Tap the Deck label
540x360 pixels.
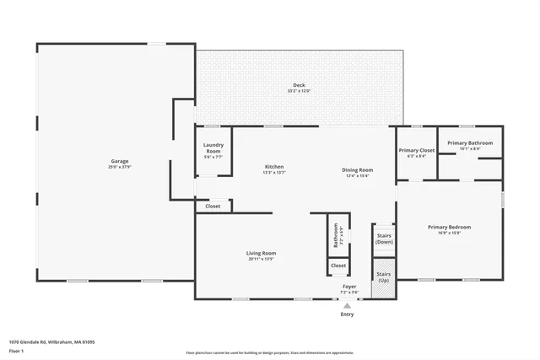pyautogui.click(x=299, y=85)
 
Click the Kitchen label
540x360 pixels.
pyautogui.click(x=274, y=167)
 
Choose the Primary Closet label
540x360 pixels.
pyautogui.click(x=416, y=151)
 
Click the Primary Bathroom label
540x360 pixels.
pyautogui.click(x=470, y=143)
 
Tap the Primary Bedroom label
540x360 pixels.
pyautogui.click(x=449, y=227)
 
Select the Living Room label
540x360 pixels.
pyautogui.click(x=261, y=253)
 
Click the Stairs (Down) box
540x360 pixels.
pyautogui.click(x=384, y=239)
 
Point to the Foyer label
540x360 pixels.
pyautogui.click(x=348, y=287)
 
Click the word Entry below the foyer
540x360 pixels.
pyautogui.click(x=348, y=314)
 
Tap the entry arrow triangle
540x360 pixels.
pyautogui.click(x=348, y=304)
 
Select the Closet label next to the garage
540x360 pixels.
pyautogui.click(x=213, y=206)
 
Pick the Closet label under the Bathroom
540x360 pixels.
pyautogui.click(x=338, y=266)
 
